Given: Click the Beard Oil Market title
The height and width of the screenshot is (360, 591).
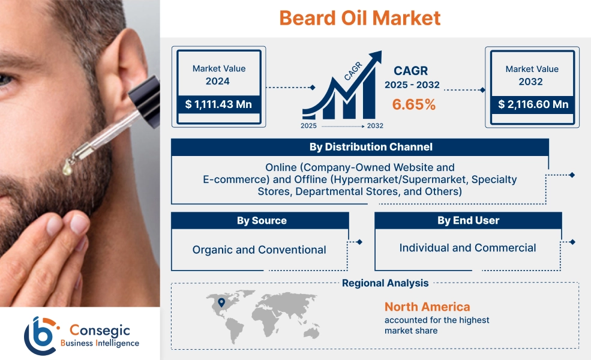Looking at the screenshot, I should pos(359,17).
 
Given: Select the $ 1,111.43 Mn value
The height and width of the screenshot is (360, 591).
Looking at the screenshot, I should pos(218,104).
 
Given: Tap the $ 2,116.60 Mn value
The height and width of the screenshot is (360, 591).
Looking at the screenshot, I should pos(532,104).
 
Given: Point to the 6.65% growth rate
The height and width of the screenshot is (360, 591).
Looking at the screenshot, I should pos(414,104).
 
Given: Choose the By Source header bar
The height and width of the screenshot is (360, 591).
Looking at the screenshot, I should pos(261,221).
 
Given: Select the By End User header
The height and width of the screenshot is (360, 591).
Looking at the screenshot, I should pos(468,221).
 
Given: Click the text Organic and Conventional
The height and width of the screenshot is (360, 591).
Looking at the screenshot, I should pos(259,250).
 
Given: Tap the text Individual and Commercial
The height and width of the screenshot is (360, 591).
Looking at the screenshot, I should pos(467,248).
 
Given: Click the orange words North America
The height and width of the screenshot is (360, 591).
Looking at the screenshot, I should pos(427,307).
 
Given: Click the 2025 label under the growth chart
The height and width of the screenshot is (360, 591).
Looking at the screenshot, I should pos(310,126).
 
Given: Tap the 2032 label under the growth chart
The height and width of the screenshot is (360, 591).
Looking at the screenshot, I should pos(374,126).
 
